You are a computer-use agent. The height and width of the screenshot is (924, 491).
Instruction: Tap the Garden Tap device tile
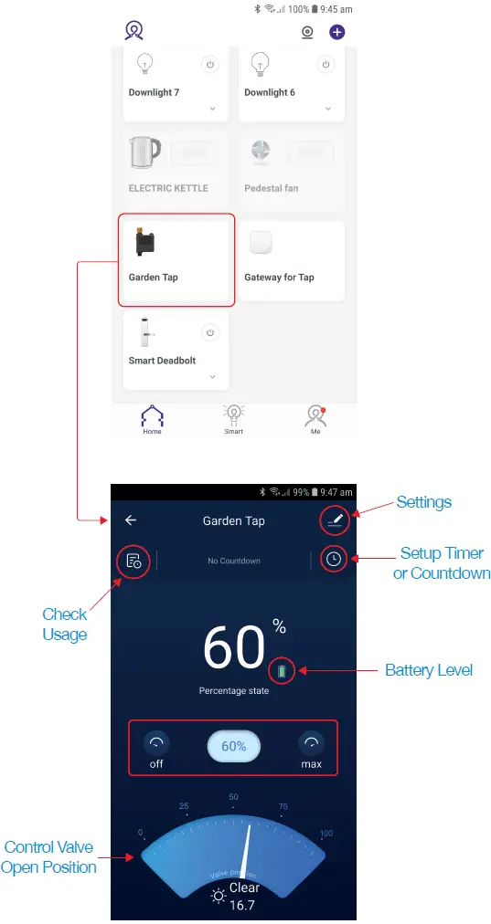176,260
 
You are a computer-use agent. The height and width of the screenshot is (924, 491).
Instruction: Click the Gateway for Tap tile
292,260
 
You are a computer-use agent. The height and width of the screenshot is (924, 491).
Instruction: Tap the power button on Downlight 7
209,65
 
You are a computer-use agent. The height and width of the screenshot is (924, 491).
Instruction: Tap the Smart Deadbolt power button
209,333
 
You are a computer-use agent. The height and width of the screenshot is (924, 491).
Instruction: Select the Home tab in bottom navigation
152,419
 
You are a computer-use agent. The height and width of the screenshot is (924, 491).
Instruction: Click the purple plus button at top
337,32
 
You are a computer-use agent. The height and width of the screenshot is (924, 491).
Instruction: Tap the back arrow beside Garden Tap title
131,520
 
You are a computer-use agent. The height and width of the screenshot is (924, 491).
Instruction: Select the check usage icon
133,561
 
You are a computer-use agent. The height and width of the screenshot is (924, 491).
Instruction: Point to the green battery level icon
283,672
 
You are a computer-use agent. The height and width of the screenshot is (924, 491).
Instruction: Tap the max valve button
312,748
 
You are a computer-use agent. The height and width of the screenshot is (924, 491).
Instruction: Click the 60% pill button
233,746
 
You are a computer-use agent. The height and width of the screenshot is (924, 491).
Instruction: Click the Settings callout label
423,502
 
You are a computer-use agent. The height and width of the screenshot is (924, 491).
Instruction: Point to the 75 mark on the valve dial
283,806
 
